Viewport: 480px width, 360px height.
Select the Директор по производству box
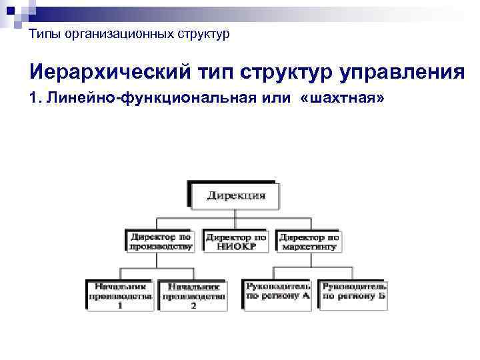tap(161, 241)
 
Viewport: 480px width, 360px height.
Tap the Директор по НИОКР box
tap(236, 241)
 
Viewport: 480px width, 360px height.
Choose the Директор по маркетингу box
tap(309, 241)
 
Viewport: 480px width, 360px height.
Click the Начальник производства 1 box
tap(120, 293)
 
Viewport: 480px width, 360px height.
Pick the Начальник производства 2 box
tap(193, 293)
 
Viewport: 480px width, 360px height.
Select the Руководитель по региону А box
tap(278, 291)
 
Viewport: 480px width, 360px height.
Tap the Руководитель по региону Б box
tap(354, 291)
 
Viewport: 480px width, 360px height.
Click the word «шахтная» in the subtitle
tap(342, 99)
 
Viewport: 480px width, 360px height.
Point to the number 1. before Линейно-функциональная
tap(35, 99)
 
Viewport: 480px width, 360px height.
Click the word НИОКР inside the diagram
tap(236, 245)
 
